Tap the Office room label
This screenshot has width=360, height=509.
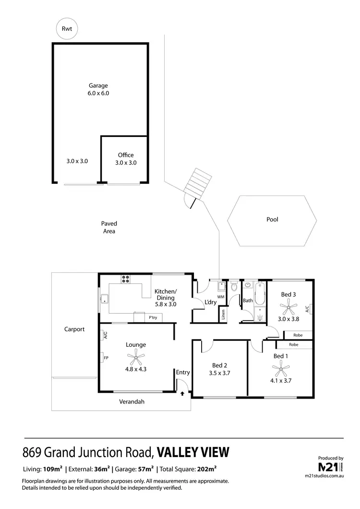tap(126, 155)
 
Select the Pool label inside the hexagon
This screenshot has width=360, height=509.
tap(272, 219)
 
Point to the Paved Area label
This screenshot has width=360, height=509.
tap(109, 227)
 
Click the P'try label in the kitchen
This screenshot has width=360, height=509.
tap(153, 317)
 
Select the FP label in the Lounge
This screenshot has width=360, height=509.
tap(105, 357)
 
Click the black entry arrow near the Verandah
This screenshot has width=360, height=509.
tap(182, 393)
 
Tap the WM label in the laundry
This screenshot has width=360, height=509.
tap(221, 297)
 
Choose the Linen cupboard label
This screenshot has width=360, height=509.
tap(223, 315)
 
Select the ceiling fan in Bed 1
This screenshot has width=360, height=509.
tap(279, 369)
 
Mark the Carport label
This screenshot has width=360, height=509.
tap(74, 329)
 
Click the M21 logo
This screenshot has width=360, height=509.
tap(330, 467)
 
